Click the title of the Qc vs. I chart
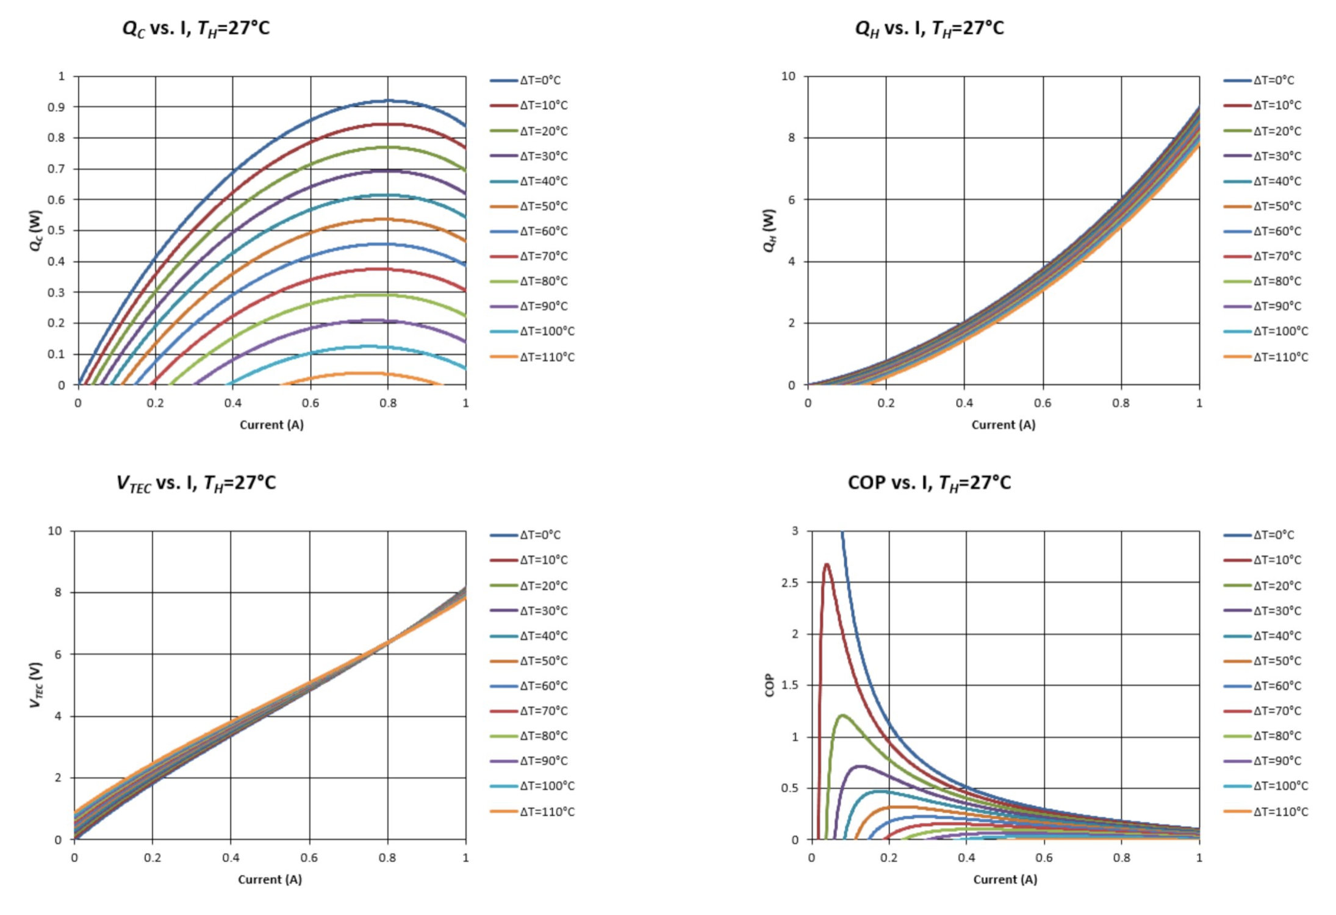pyautogui.click(x=196, y=29)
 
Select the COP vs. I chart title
pyautogui.click(x=928, y=483)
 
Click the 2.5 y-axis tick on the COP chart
pyautogui.click(x=789, y=583)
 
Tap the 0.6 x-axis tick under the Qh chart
pyautogui.click(x=1043, y=403)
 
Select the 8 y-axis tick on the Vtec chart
pyautogui.click(x=58, y=592)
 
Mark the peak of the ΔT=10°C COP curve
pyautogui.click(x=827, y=564)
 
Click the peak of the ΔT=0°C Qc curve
pyautogui.click(x=388, y=101)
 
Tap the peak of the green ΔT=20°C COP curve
pyautogui.click(x=842, y=715)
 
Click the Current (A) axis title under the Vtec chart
pyautogui.click(x=270, y=879)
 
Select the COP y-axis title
pyautogui.click(x=769, y=685)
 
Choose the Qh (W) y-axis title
pyautogui.click(x=769, y=231)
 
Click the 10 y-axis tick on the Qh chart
pyautogui.click(x=788, y=76)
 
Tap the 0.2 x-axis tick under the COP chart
pyautogui.click(x=889, y=858)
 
